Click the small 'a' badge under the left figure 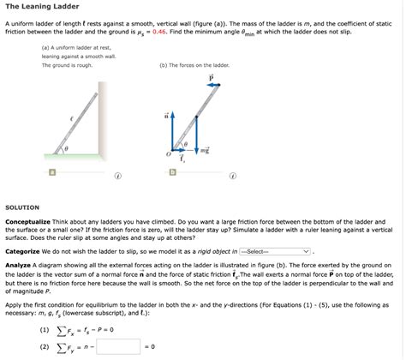pyautogui.click(x=52, y=171)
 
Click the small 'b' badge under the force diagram pyautogui.click(x=172, y=171)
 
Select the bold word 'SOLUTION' pyautogui.click(x=22, y=207)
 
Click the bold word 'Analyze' pyautogui.click(x=19, y=266)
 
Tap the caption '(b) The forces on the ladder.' pyautogui.click(x=194, y=65)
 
